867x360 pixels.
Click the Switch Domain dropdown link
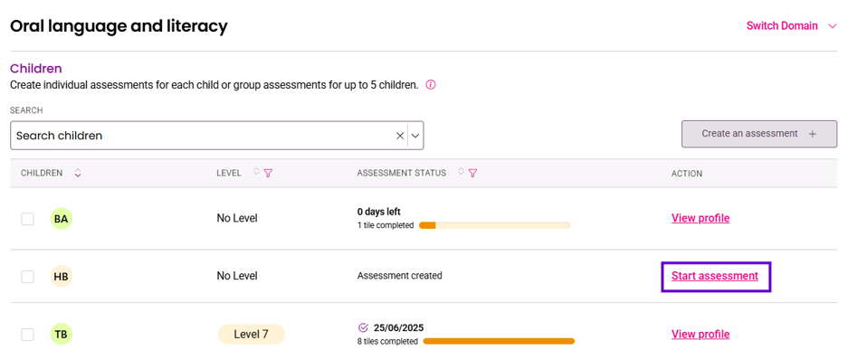791,26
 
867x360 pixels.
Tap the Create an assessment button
759,134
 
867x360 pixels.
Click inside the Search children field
202,136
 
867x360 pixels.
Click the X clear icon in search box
400,136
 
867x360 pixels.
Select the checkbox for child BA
28,219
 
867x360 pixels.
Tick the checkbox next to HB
28,277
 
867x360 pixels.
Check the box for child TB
28,335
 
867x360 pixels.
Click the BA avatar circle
62,219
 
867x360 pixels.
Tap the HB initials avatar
62,277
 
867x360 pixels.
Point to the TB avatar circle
62,334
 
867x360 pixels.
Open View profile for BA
700,218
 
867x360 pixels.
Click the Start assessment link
715,276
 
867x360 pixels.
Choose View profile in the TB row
700,334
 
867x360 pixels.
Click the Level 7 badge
251,335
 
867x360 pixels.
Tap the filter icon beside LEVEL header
268,173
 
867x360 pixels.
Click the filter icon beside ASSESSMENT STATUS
472,173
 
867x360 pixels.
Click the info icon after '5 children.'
431,85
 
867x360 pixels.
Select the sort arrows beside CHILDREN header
78,173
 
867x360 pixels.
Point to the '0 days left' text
379,212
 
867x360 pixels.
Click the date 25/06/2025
399,327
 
